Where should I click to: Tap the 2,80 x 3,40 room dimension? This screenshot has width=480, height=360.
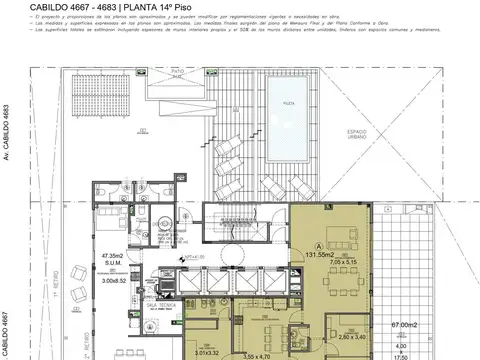[352, 338]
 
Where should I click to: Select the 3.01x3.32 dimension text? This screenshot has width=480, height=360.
[207, 352]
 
